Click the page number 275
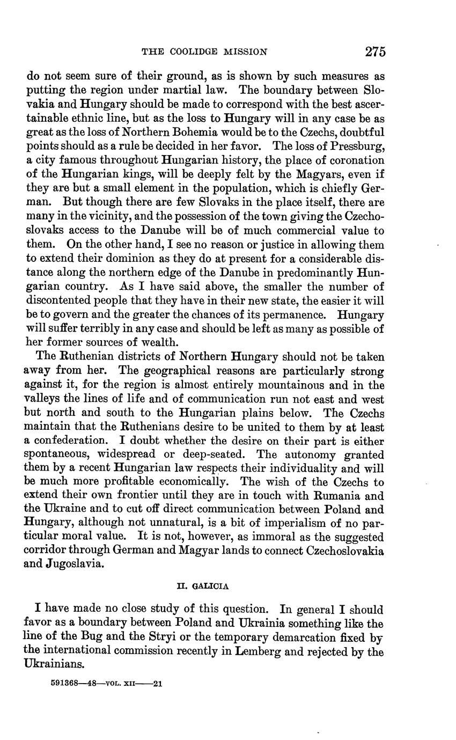click(x=375, y=52)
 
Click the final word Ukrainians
click(x=55, y=664)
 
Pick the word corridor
click(x=49, y=551)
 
